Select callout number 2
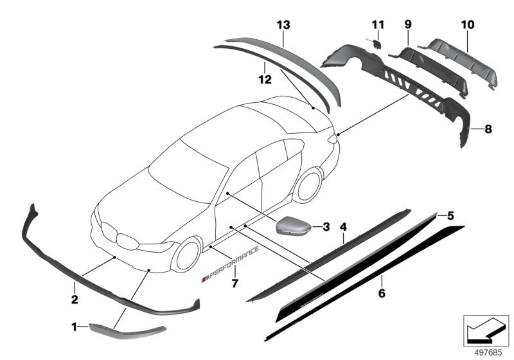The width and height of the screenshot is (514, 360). pyautogui.click(x=75, y=299)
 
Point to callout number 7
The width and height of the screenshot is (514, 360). pyautogui.click(x=235, y=282)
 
